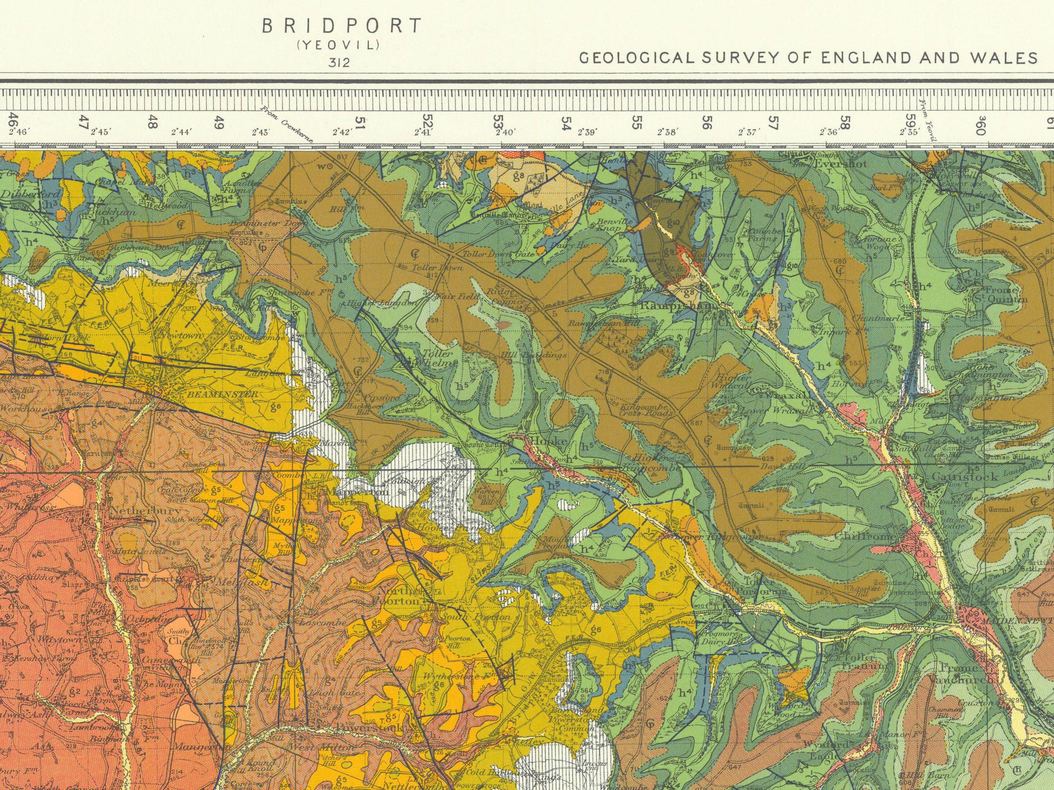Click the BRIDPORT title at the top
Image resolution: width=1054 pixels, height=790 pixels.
coord(342,26)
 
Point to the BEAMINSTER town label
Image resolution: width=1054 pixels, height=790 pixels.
coord(222,394)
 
